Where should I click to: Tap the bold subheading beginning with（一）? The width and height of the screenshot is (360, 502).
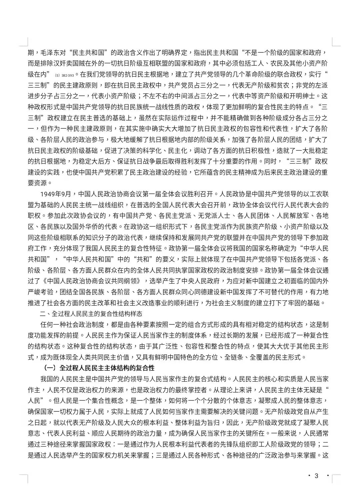coord(99,368)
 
